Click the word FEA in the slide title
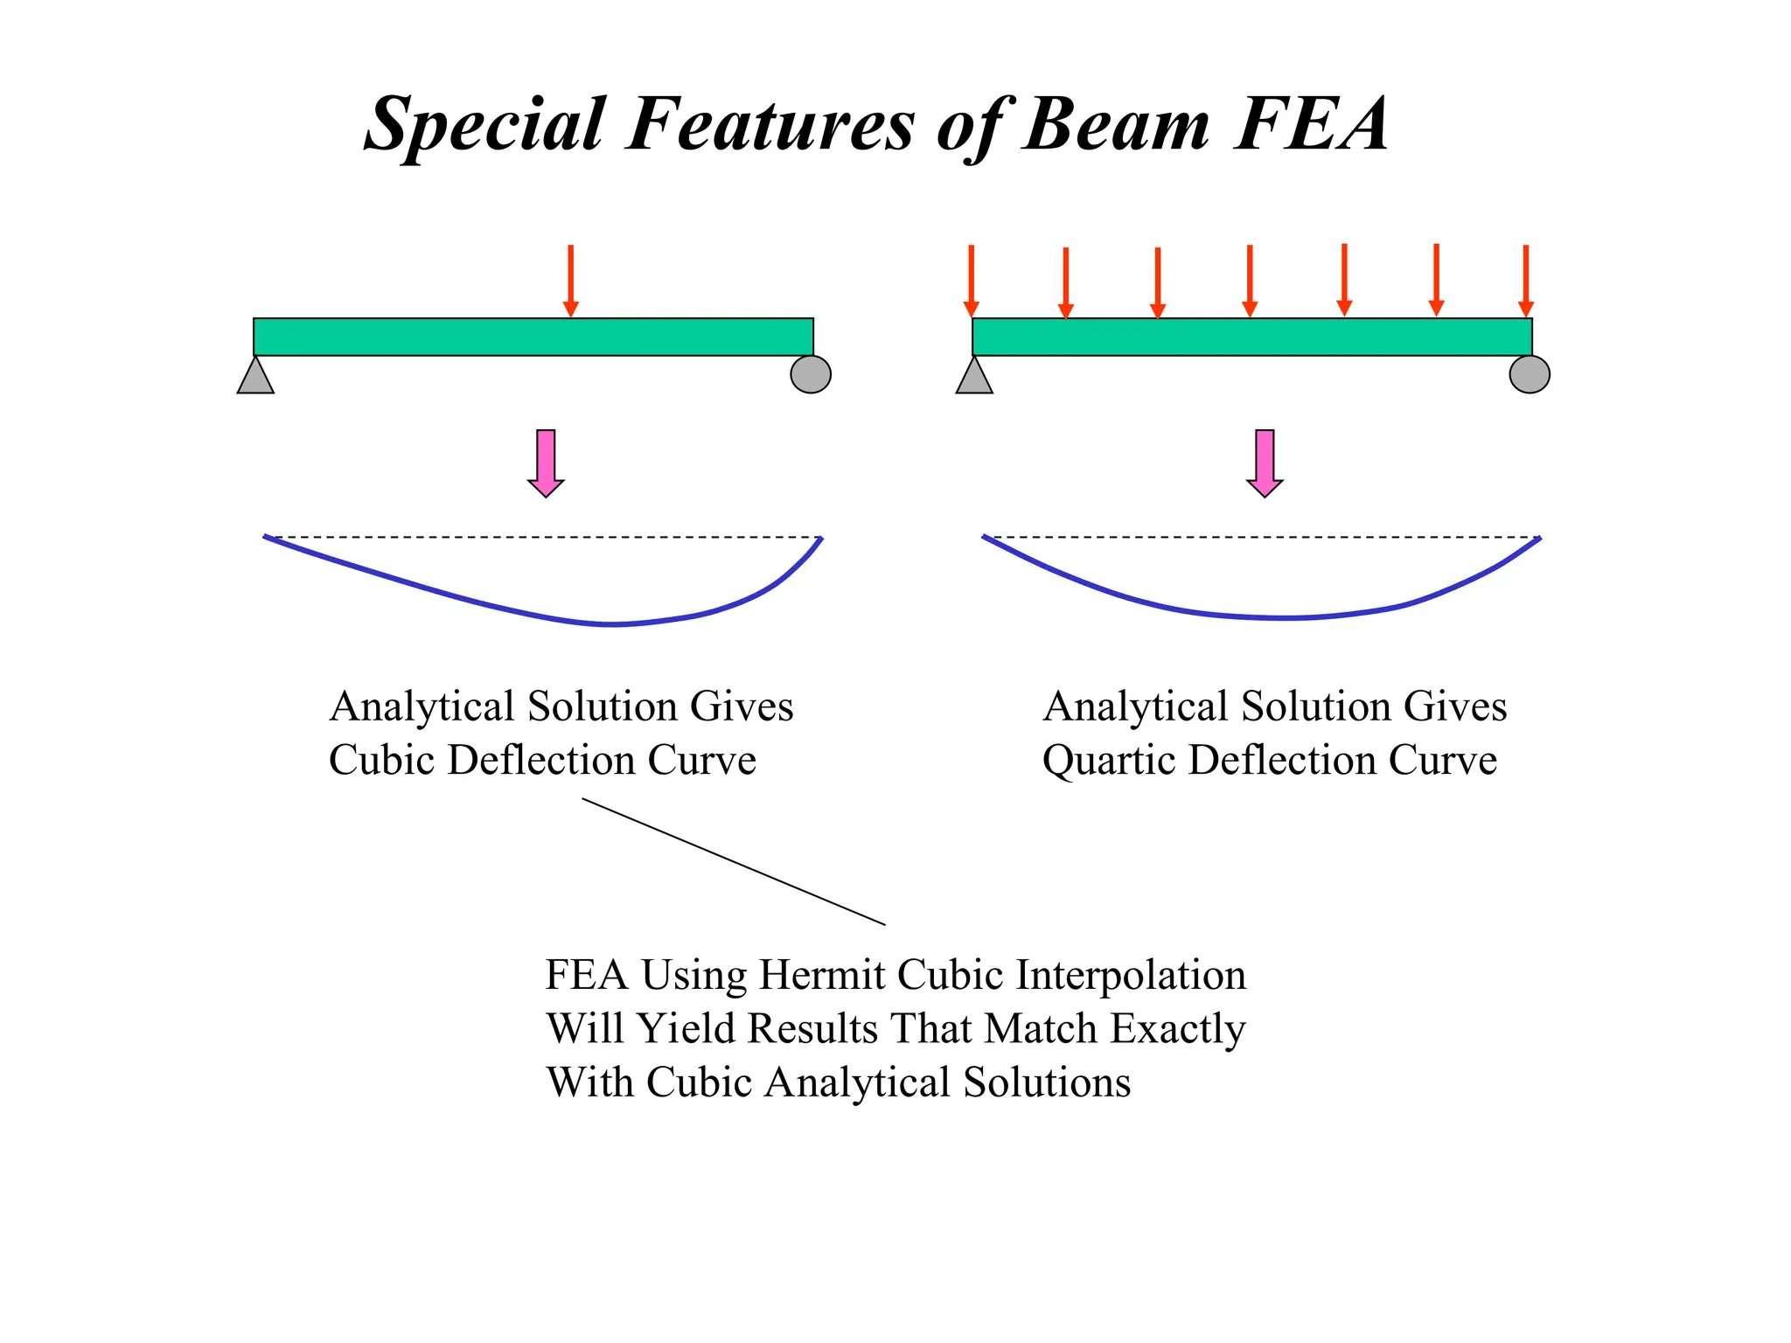tap(1311, 124)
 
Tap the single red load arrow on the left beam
tap(570, 280)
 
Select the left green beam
tap(533, 337)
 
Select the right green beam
tap(1251, 337)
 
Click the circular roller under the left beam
tap(811, 374)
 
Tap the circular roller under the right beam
tap(1530, 374)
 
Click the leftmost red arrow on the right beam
tap(971, 280)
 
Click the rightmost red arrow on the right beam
tap(1526, 280)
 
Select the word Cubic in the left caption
tap(381, 760)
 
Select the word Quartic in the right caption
tap(1108, 761)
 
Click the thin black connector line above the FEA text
tap(734, 861)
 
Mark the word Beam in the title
tap(1118, 124)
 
